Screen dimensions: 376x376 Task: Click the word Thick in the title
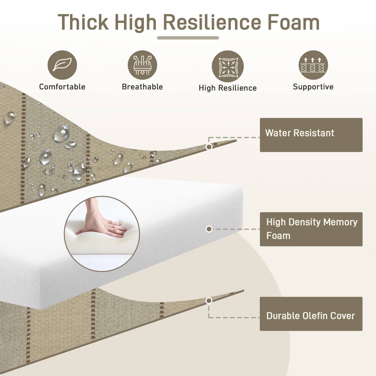(x=83, y=22)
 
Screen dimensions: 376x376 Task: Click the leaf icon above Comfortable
(x=62, y=65)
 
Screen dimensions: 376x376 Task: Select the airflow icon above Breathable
(x=142, y=65)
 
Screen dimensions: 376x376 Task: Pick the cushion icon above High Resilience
(x=228, y=66)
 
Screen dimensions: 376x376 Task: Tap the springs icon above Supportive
(x=313, y=65)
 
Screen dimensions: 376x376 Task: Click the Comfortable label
(x=62, y=87)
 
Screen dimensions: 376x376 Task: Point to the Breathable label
(x=142, y=87)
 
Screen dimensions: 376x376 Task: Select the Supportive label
(x=313, y=87)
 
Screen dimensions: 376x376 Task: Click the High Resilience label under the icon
(x=228, y=88)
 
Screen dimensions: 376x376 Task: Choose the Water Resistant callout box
(x=311, y=135)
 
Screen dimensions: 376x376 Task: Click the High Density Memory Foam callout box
(x=311, y=229)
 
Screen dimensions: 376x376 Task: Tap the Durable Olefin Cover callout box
(x=311, y=314)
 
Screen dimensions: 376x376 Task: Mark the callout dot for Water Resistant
(x=209, y=147)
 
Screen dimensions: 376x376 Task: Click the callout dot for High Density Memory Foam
(x=209, y=229)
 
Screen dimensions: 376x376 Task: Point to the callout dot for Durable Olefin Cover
(x=209, y=301)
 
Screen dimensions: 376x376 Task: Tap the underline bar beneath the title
(x=188, y=38)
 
